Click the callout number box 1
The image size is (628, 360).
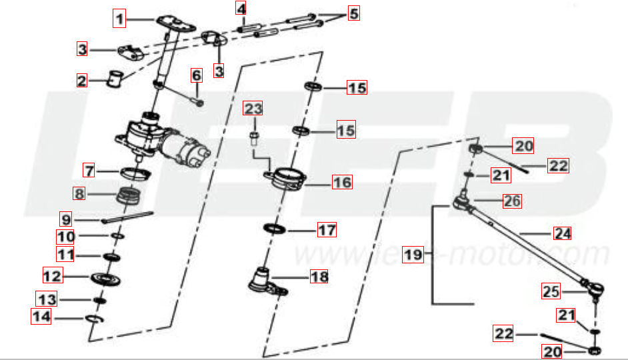119,19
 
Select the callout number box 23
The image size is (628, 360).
253,108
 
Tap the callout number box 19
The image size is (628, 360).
413,254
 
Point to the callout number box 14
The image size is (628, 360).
41,317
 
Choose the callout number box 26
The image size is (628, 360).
512,200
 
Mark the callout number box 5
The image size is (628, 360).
353,13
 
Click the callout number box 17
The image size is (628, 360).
326,231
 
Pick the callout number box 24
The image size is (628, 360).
563,233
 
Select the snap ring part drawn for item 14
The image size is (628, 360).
95,320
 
